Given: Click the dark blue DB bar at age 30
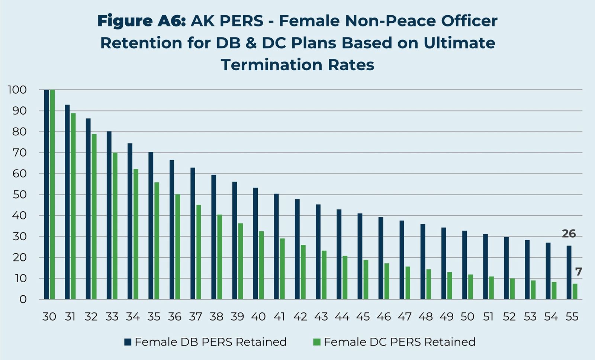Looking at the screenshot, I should (46, 194).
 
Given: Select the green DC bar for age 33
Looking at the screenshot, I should (115, 226).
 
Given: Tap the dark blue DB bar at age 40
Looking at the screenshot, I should (255, 244).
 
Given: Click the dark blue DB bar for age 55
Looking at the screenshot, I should (569, 272).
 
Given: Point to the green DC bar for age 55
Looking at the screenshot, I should (575, 292).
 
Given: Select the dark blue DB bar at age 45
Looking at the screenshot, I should (360, 256).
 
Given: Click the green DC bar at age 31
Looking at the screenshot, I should (73, 206).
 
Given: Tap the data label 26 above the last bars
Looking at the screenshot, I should (569, 234).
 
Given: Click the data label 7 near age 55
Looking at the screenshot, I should (578, 272).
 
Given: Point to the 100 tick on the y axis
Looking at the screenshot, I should (17, 90).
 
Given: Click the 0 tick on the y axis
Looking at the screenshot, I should (23, 299).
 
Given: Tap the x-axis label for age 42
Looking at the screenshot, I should (300, 316).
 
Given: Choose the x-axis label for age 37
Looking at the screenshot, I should (196, 316).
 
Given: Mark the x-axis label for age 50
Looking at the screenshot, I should (467, 316).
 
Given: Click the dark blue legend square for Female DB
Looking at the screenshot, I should (128, 342).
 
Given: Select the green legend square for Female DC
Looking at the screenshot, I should (317, 342).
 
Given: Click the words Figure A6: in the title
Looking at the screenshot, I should (141, 21).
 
